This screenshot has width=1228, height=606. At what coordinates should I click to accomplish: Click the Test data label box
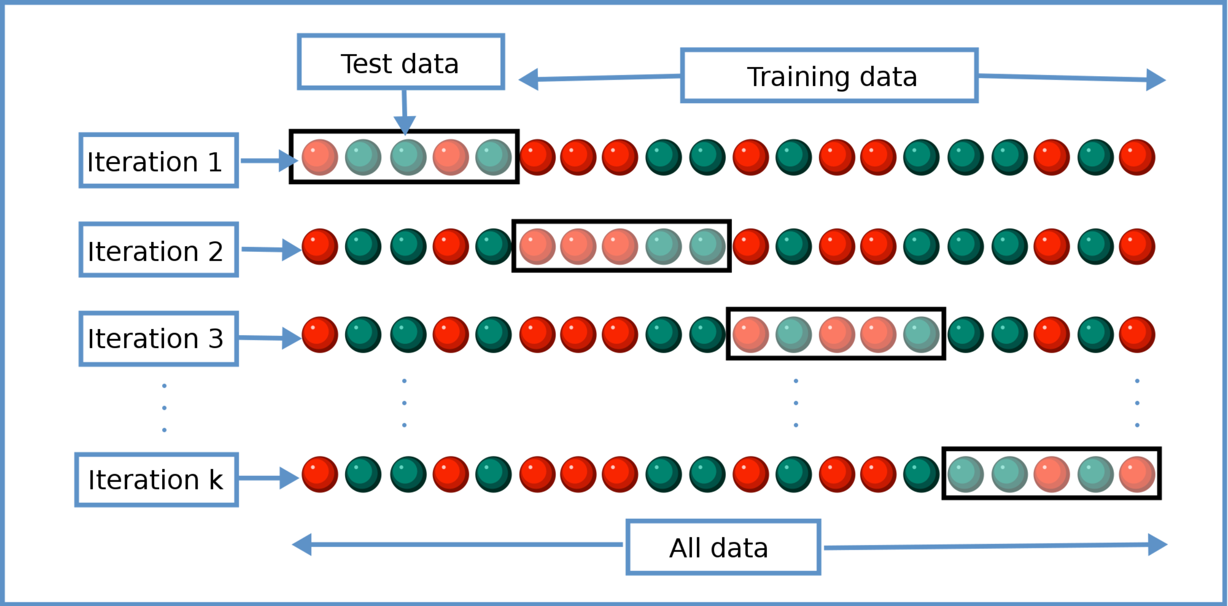pos(400,62)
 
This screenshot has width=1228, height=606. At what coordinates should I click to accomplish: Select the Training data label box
pos(829,76)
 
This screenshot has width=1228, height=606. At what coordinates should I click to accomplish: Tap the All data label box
pos(723,547)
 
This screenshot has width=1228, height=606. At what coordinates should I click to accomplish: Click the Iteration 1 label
pos(158,161)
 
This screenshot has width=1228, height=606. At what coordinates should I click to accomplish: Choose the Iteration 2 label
pos(158,250)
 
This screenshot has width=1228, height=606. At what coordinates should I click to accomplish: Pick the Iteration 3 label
pos(158,338)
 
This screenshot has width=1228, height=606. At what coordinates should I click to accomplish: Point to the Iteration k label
pos(157,480)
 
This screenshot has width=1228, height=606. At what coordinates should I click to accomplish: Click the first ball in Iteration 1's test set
pos(320,157)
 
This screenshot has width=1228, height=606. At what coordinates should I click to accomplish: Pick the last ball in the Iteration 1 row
pos(1137,157)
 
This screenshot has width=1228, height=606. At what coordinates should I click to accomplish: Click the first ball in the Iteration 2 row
pos(320,247)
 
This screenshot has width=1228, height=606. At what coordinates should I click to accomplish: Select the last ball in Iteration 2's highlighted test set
pos(707,247)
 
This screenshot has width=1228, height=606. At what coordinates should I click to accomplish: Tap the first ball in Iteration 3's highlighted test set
pos(750,335)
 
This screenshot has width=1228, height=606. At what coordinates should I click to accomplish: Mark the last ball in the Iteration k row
pos(1137,475)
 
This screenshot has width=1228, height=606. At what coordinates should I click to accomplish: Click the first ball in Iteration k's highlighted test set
pos(965,475)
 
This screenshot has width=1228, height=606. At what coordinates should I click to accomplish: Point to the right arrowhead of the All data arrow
pos(1157,545)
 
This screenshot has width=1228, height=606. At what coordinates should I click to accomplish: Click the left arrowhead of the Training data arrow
pos(529,79)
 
